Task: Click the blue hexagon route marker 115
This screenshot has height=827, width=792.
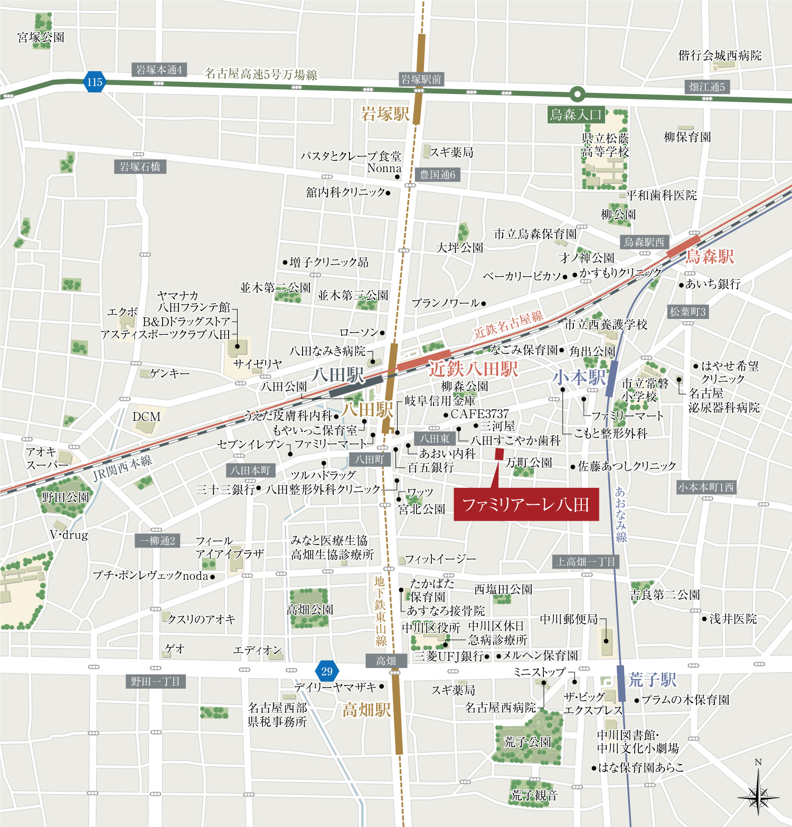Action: tap(95, 82)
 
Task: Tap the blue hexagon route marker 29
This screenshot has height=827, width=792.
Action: tap(327, 671)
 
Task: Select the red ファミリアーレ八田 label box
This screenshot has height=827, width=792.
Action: tap(526, 505)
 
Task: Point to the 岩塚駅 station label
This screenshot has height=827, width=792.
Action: tap(384, 114)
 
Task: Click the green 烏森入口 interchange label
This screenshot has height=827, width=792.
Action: tap(576, 115)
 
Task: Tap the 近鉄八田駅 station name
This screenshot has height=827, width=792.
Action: tap(473, 369)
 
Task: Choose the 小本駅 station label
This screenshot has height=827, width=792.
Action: tap(579, 377)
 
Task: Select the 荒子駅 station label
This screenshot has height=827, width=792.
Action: tap(653, 680)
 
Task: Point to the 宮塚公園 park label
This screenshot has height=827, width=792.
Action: tap(41, 37)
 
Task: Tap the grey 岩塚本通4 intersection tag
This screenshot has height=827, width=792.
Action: tap(159, 70)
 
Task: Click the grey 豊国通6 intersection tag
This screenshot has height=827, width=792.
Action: tap(437, 175)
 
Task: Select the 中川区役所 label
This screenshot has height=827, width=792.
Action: tap(431, 627)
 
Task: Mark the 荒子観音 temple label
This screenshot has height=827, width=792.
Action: tap(534, 795)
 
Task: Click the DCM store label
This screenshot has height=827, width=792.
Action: tap(146, 417)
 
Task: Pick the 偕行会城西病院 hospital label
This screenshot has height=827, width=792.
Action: tap(720, 55)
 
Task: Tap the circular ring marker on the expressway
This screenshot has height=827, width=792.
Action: tap(578, 95)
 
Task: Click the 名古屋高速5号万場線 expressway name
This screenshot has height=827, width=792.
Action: tap(261, 74)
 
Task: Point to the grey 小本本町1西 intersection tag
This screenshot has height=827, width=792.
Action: tap(706, 487)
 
